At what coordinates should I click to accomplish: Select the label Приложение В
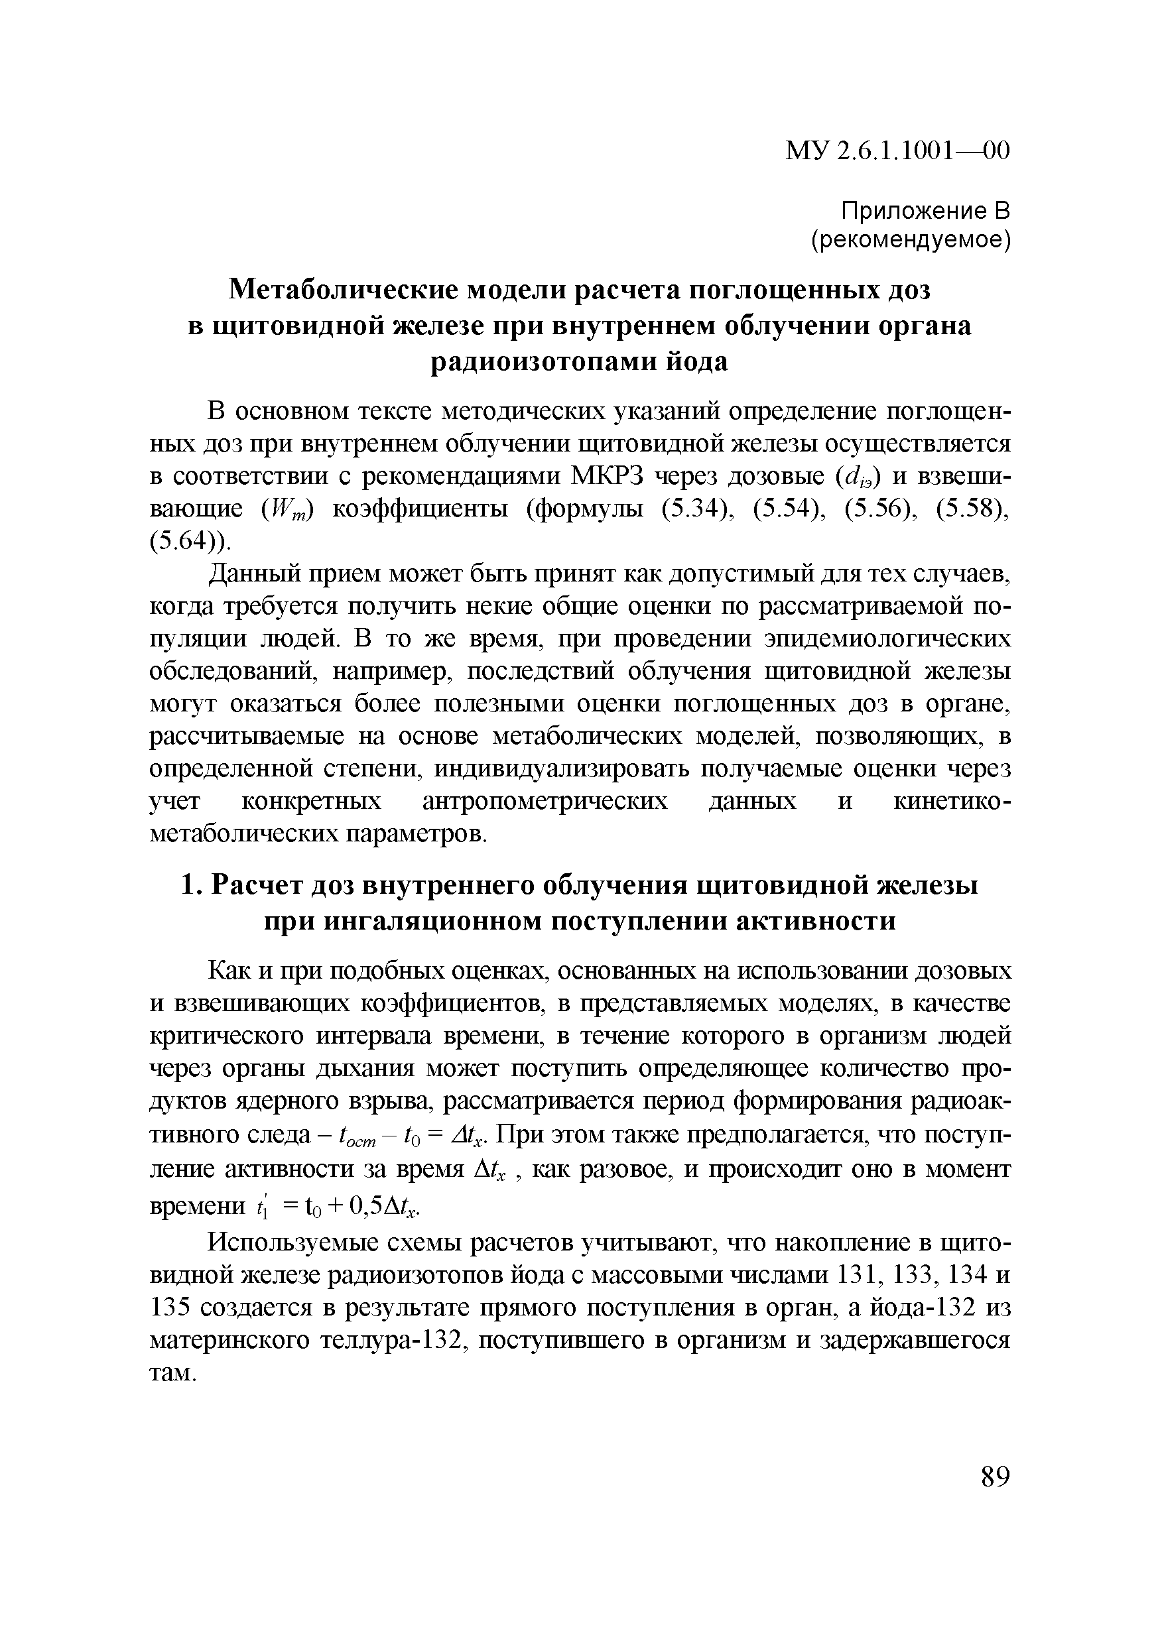[x=925, y=211]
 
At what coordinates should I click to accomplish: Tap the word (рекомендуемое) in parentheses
[x=910, y=241]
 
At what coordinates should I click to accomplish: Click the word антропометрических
[x=545, y=800]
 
